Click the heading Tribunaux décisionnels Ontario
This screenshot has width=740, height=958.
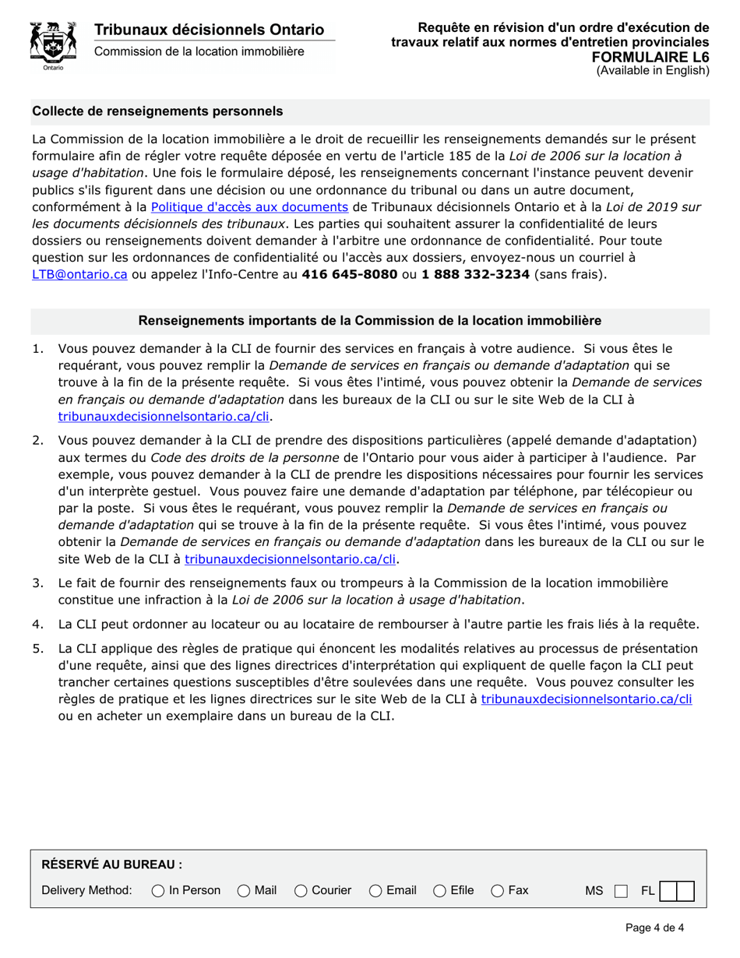(x=209, y=30)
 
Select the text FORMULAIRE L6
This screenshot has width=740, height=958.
(x=650, y=57)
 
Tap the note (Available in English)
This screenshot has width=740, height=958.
(x=653, y=71)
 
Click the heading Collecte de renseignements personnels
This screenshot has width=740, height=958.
(x=157, y=111)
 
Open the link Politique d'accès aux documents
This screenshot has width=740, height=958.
(x=249, y=207)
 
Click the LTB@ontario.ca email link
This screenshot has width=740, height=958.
(x=79, y=274)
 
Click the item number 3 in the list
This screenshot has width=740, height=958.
(x=37, y=583)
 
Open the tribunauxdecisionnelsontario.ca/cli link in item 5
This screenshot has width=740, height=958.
(x=586, y=699)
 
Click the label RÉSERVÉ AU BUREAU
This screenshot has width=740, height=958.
(x=111, y=865)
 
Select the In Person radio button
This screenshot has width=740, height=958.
(x=158, y=890)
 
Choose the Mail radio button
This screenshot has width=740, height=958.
(x=244, y=890)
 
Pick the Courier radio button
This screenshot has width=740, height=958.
(x=301, y=890)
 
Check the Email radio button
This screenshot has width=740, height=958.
(x=375, y=890)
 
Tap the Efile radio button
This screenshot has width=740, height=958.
(x=440, y=890)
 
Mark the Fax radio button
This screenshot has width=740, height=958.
(x=498, y=890)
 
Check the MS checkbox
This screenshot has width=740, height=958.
(x=621, y=891)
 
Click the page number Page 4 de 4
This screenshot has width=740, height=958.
(x=654, y=928)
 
